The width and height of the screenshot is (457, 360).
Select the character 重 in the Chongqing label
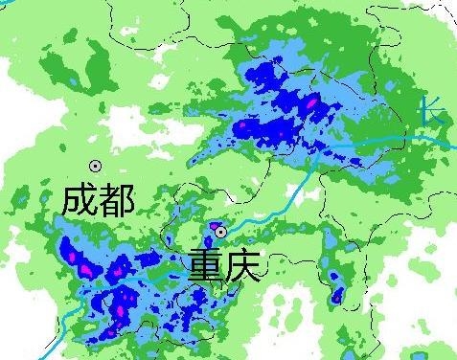205,264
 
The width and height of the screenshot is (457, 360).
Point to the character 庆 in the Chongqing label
241,264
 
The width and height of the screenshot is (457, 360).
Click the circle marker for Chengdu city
95,166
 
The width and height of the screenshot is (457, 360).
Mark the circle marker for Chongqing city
220,232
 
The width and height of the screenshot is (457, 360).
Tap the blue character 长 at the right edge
433,111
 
